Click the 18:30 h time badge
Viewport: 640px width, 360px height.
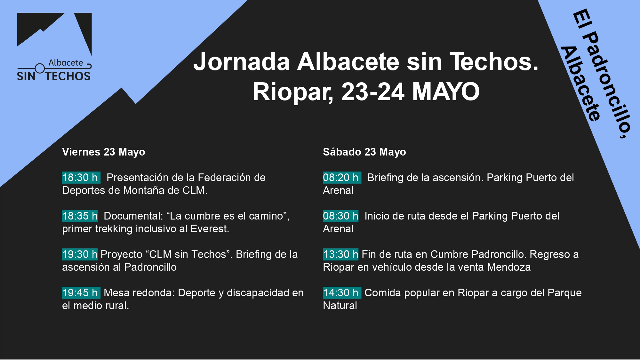81,178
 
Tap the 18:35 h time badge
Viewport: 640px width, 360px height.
80,216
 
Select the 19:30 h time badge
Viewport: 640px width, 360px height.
80,254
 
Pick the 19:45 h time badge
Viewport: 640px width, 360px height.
81,293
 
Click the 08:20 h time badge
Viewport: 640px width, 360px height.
342,178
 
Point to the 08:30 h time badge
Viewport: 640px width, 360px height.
340,216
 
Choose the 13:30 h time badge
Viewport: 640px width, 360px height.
340,254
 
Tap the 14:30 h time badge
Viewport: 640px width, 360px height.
342,293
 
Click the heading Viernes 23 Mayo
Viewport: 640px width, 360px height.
104,152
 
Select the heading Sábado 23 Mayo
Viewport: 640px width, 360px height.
364,152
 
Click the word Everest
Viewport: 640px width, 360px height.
210,229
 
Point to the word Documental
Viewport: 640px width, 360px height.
133,216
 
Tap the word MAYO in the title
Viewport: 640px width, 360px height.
446,92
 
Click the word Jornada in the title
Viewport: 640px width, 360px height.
242,62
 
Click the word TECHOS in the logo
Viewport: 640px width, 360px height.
68,76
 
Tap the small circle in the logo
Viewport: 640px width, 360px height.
40,68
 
